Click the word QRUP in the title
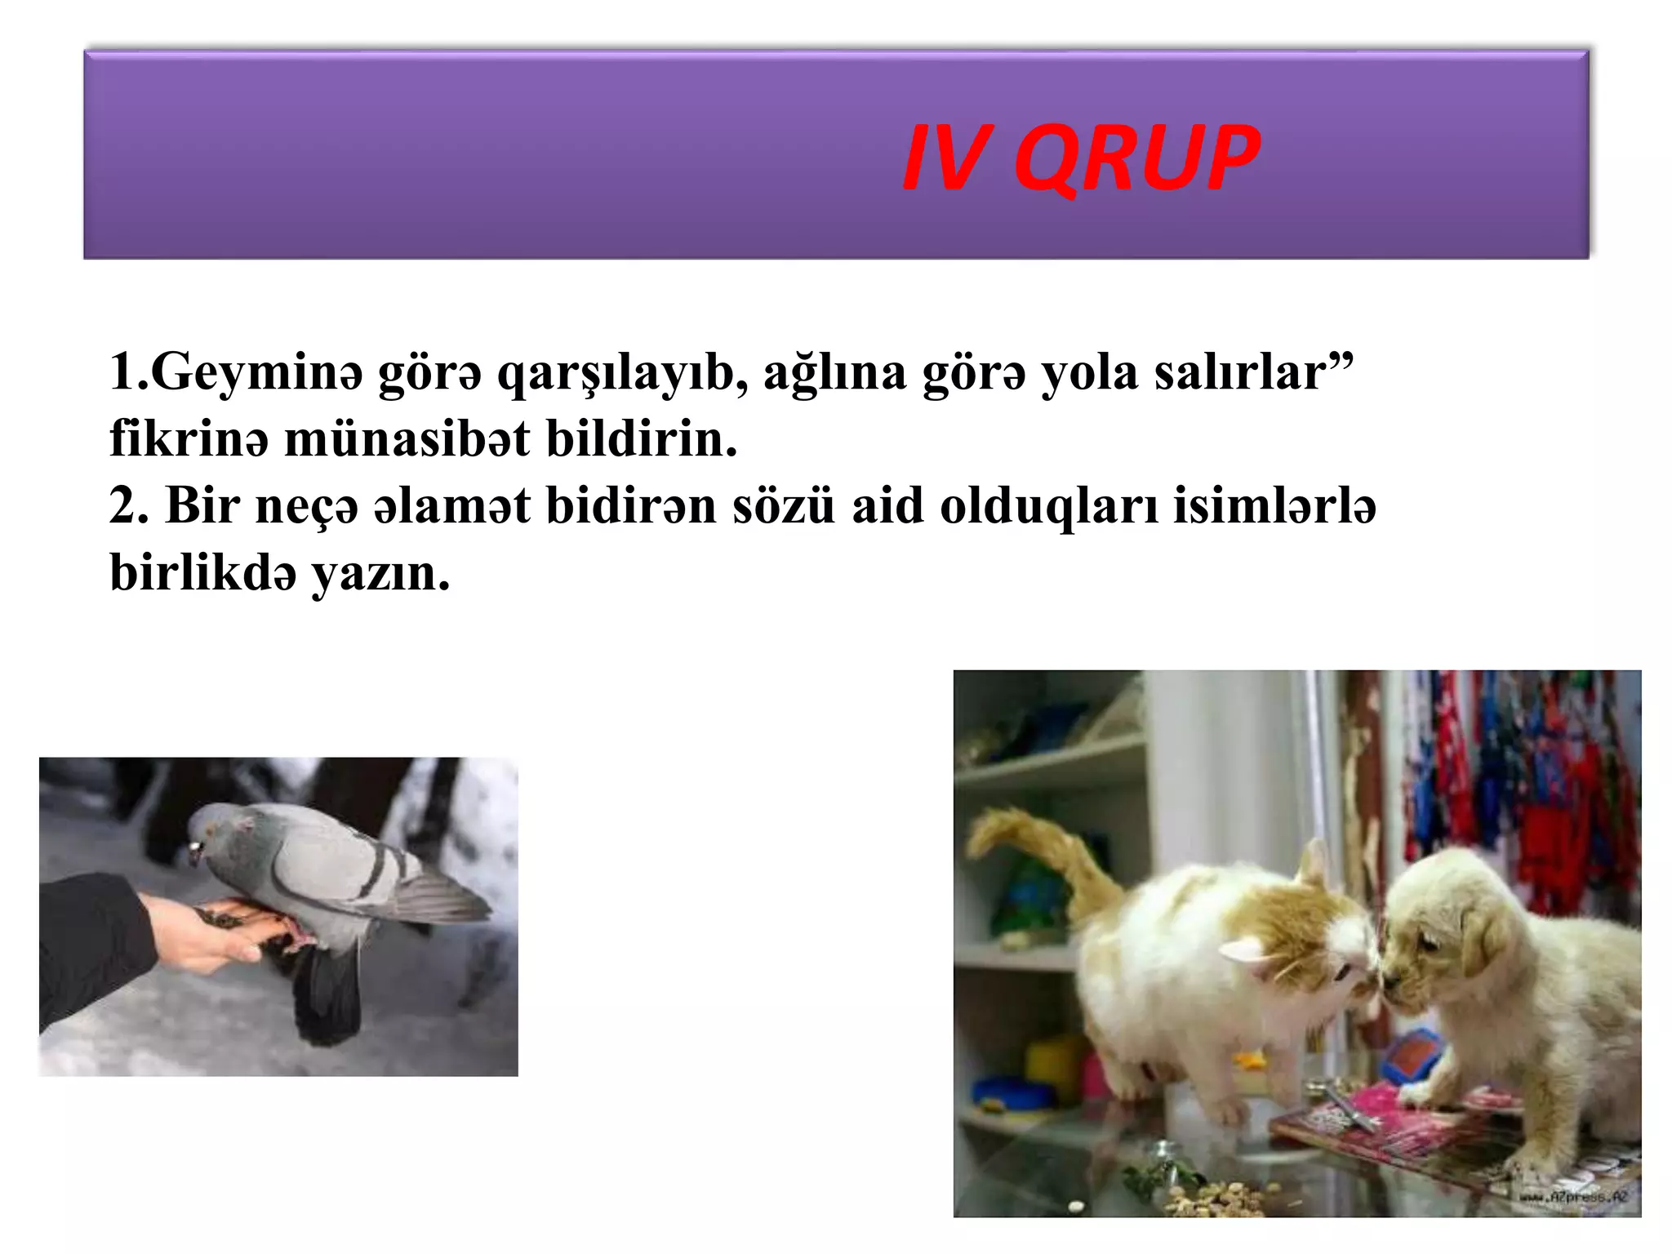(1136, 159)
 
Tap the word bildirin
(641, 439)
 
